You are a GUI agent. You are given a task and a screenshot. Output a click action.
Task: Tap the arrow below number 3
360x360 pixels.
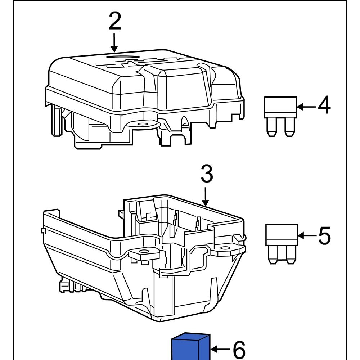click(x=206, y=196)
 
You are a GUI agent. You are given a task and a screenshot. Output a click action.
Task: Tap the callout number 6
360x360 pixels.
click(x=239, y=349)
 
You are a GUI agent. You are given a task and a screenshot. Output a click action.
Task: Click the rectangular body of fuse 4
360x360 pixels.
click(x=281, y=107)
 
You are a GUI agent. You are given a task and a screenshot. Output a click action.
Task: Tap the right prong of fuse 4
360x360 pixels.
click(x=288, y=127)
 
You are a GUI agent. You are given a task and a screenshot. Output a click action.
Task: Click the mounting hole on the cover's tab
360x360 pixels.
click(x=143, y=124)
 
